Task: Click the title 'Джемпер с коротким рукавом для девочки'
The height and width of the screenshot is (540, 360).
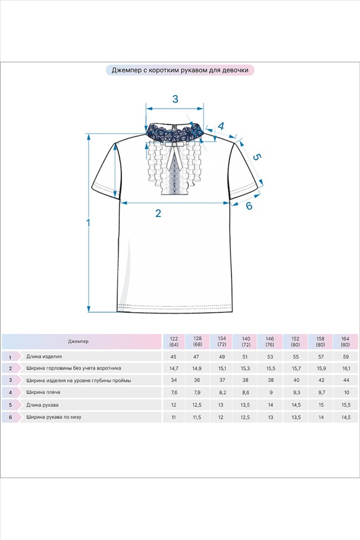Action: (x=180, y=70)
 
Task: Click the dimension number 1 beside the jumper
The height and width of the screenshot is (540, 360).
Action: (x=88, y=223)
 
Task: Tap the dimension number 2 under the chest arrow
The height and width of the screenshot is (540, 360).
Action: (x=158, y=213)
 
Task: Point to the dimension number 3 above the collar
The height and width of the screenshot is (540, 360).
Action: (x=175, y=99)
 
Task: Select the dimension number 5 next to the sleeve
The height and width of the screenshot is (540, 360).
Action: (x=257, y=157)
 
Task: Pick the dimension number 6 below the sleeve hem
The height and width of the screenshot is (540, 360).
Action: (x=249, y=206)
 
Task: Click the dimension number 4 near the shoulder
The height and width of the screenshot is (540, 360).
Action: (x=221, y=126)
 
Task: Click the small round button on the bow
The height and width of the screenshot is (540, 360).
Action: (x=175, y=145)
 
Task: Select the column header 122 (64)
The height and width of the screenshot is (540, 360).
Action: (x=174, y=342)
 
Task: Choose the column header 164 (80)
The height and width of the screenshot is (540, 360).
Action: (x=345, y=342)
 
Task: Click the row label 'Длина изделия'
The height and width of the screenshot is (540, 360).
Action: (x=44, y=356)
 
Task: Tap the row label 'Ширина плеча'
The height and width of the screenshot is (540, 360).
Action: (x=43, y=392)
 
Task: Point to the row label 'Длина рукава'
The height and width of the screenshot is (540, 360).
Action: (x=42, y=405)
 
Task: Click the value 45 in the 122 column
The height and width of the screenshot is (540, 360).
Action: (x=173, y=357)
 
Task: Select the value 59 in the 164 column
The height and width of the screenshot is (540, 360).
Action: (x=346, y=357)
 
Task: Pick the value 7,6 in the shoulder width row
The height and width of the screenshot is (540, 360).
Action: (x=174, y=393)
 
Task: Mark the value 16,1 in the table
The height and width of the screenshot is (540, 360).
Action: (x=346, y=368)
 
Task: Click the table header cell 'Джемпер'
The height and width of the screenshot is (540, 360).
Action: (x=78, y=341)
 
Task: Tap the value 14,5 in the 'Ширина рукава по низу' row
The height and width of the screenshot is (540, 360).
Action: (x=346, y=417)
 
